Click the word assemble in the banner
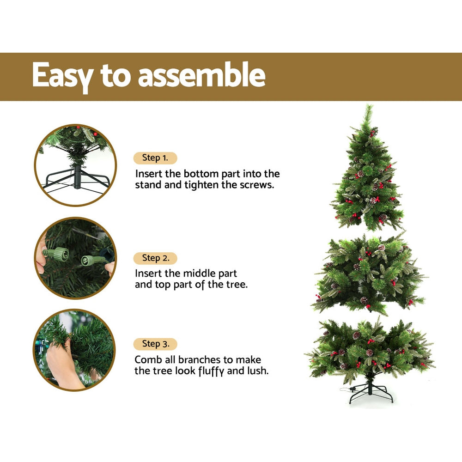click(202, 75)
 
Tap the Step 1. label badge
click(155, 158)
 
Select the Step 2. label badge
click(155, 258)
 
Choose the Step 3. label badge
click(155, 344)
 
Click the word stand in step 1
click(147, 185)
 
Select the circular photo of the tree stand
click(75, 165)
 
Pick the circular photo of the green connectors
click(75, 258)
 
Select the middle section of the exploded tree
click(368, 275)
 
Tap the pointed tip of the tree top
click(368, 107)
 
